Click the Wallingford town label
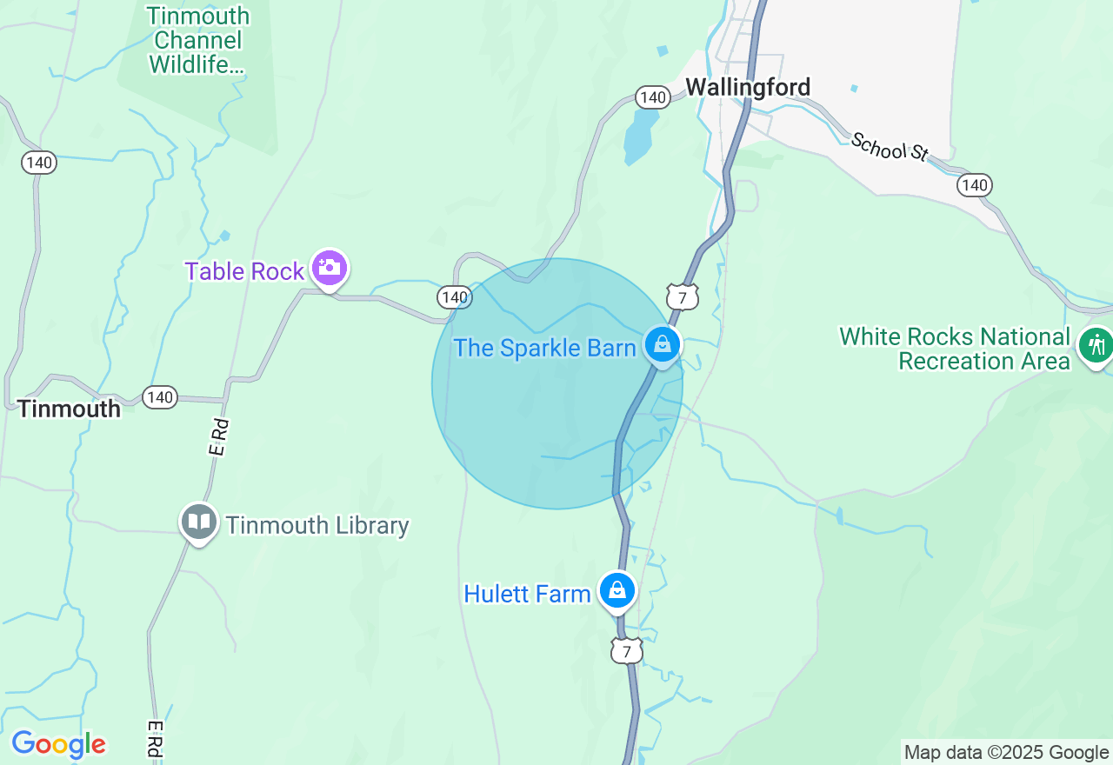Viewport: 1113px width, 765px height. click(748, 87)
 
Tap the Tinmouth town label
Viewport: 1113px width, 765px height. click(69, 409)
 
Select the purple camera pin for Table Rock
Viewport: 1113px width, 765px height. click(330, 267)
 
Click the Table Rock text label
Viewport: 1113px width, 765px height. click(244, 271)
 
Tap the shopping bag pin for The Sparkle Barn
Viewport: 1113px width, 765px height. click(663, 345)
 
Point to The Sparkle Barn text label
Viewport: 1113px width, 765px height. click(544, 348)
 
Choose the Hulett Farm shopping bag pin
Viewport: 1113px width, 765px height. click(617, 591)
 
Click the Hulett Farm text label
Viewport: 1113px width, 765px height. click(527, 595)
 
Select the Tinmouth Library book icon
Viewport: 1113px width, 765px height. click(199, 522)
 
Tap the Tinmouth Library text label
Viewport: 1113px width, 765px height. click(317, 525)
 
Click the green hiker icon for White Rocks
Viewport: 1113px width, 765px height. click(1096, 345)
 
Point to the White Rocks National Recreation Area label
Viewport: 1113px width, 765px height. click(954, 349)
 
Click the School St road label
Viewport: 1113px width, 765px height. click(890, 146)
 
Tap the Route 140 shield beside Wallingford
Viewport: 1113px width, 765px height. click(651, 96)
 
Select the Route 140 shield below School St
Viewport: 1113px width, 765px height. click(975, 185)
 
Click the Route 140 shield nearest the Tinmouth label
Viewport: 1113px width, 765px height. click(160, 397)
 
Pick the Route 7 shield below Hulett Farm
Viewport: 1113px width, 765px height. click(626, 650)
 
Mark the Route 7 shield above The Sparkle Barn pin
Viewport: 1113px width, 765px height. click(683, 298)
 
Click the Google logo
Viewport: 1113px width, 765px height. click(58, 744)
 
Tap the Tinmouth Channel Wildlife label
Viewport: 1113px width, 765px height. click(197, 40)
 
